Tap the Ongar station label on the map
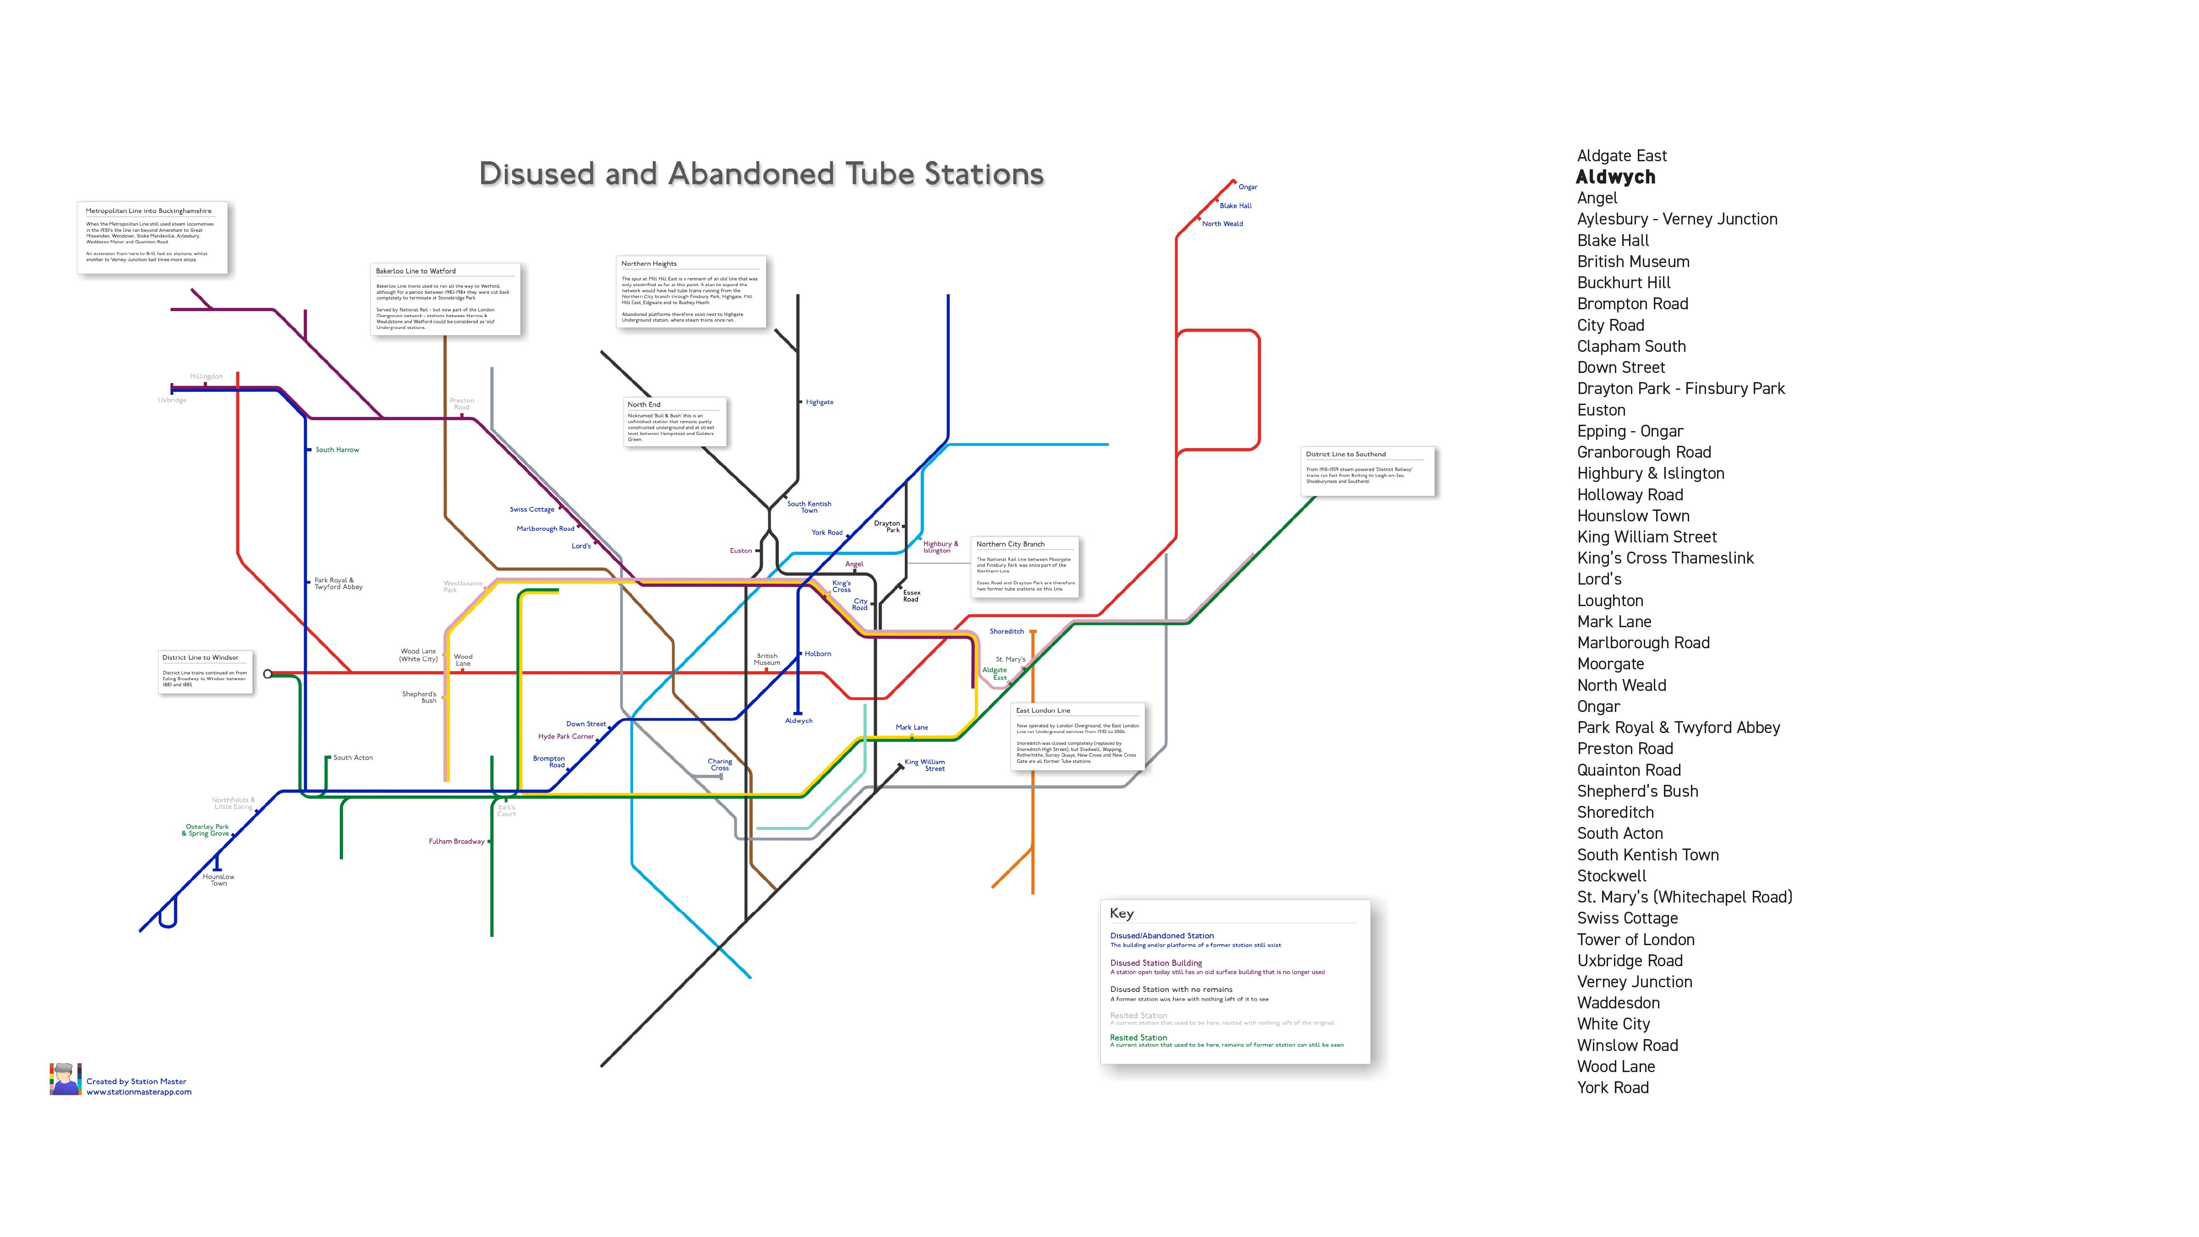click(1247, 187)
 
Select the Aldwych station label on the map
click(798, 721)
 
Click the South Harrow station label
click(337, 450)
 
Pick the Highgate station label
click(820, 402)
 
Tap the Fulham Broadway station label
click(457, 842)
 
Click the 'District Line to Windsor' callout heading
click(201, 657)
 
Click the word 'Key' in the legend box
click(1121, 914)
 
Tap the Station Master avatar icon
click(65, 1079)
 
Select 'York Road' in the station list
click(1613, 1088)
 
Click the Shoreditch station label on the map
click(1007, 632)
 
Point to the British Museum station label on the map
click(766, 659)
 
